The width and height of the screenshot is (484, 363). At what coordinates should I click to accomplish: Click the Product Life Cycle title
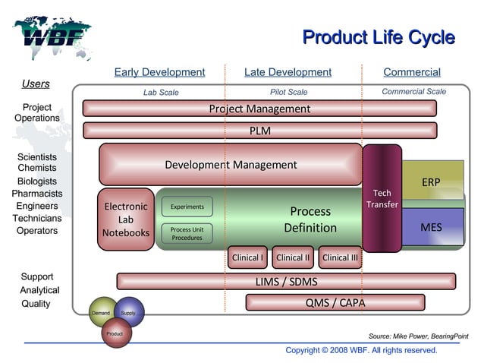click(x=378, y=37)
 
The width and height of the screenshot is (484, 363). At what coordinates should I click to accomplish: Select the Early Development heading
click(x=159, y=72)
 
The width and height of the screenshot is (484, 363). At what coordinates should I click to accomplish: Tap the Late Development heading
click(x=288, y=72)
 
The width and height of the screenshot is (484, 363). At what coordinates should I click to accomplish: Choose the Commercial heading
click(x=411, y=72)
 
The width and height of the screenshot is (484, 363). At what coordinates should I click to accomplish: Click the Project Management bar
click(x=259, y=109)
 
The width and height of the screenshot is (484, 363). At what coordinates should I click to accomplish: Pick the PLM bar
click(x=259, y=131)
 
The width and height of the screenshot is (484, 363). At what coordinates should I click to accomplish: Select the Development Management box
click(x=231, y=165)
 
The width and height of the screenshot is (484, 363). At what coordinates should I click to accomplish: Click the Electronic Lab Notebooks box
click(x=126, y=219)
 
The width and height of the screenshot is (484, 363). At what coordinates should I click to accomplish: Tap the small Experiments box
click(x=187, y=207)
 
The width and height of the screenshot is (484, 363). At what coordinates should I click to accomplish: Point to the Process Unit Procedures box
click(x=187, y=233)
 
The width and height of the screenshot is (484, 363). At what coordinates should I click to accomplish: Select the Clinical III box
click(x=340, y=257)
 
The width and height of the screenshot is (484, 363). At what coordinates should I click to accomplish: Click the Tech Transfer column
click(x=382, y=198)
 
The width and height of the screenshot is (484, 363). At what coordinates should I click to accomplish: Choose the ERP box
click(x=432, y=181)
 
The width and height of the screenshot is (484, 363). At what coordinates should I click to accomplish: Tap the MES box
click(x=431, y=227)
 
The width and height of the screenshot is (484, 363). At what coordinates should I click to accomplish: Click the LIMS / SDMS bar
click(x=286, y=282)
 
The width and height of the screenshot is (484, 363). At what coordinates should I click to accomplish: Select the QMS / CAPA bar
click(x=335, y=303)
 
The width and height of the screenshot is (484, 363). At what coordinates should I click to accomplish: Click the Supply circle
click(x=129, y=312)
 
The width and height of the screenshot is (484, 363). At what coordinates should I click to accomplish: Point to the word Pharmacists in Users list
click(x=36, y=194)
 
